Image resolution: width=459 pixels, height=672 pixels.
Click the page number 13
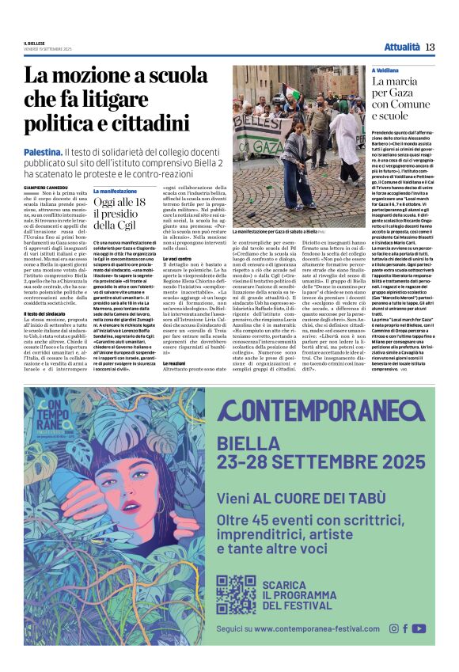click(x=430, y=47)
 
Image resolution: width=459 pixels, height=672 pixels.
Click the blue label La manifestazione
click(x=115, y=191)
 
